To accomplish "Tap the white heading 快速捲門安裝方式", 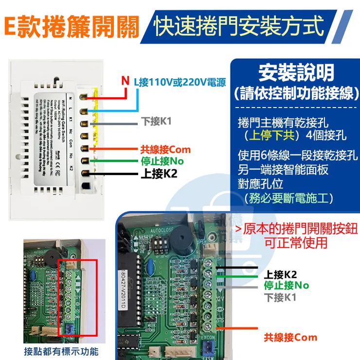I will (x=238, y=25).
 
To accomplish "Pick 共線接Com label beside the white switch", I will (x=165, y=150).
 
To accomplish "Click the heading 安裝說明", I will (x=296, y=73).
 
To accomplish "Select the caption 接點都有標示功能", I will (x=61, y=351).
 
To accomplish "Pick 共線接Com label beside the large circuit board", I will (x=290, y=337).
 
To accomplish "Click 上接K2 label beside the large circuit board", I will (x=280, y=274).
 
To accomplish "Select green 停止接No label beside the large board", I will (x=286, y=286).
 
